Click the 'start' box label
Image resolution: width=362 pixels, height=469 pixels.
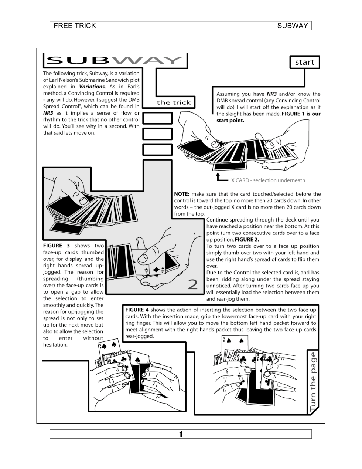coord(304,62)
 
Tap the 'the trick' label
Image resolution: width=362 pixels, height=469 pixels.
coord(174,102)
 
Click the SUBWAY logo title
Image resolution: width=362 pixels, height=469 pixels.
coord(115,60)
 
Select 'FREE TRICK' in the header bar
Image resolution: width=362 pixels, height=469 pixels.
coord(75,26)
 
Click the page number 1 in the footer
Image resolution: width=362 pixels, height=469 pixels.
coord(181,434)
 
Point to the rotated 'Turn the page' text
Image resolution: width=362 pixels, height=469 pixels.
coord(313,382)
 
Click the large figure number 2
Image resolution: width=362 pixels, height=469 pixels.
coord(193,284)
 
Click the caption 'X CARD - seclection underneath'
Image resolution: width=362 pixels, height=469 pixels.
coord(268,180)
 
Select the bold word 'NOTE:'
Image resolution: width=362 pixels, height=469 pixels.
coord(182,194)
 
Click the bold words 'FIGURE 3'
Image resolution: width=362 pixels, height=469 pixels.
coord(57,246)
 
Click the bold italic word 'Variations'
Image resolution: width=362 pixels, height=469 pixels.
coord(92,87)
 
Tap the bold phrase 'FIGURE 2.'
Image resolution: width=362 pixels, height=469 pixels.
coord(247,239)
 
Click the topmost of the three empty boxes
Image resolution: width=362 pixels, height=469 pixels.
coord(157,118)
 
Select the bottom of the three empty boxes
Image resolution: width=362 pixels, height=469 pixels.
coord(157,149)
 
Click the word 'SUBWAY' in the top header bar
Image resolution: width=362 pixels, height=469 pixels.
coord(293,26)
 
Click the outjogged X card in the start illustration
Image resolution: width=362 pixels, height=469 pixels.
coord(230,166)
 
